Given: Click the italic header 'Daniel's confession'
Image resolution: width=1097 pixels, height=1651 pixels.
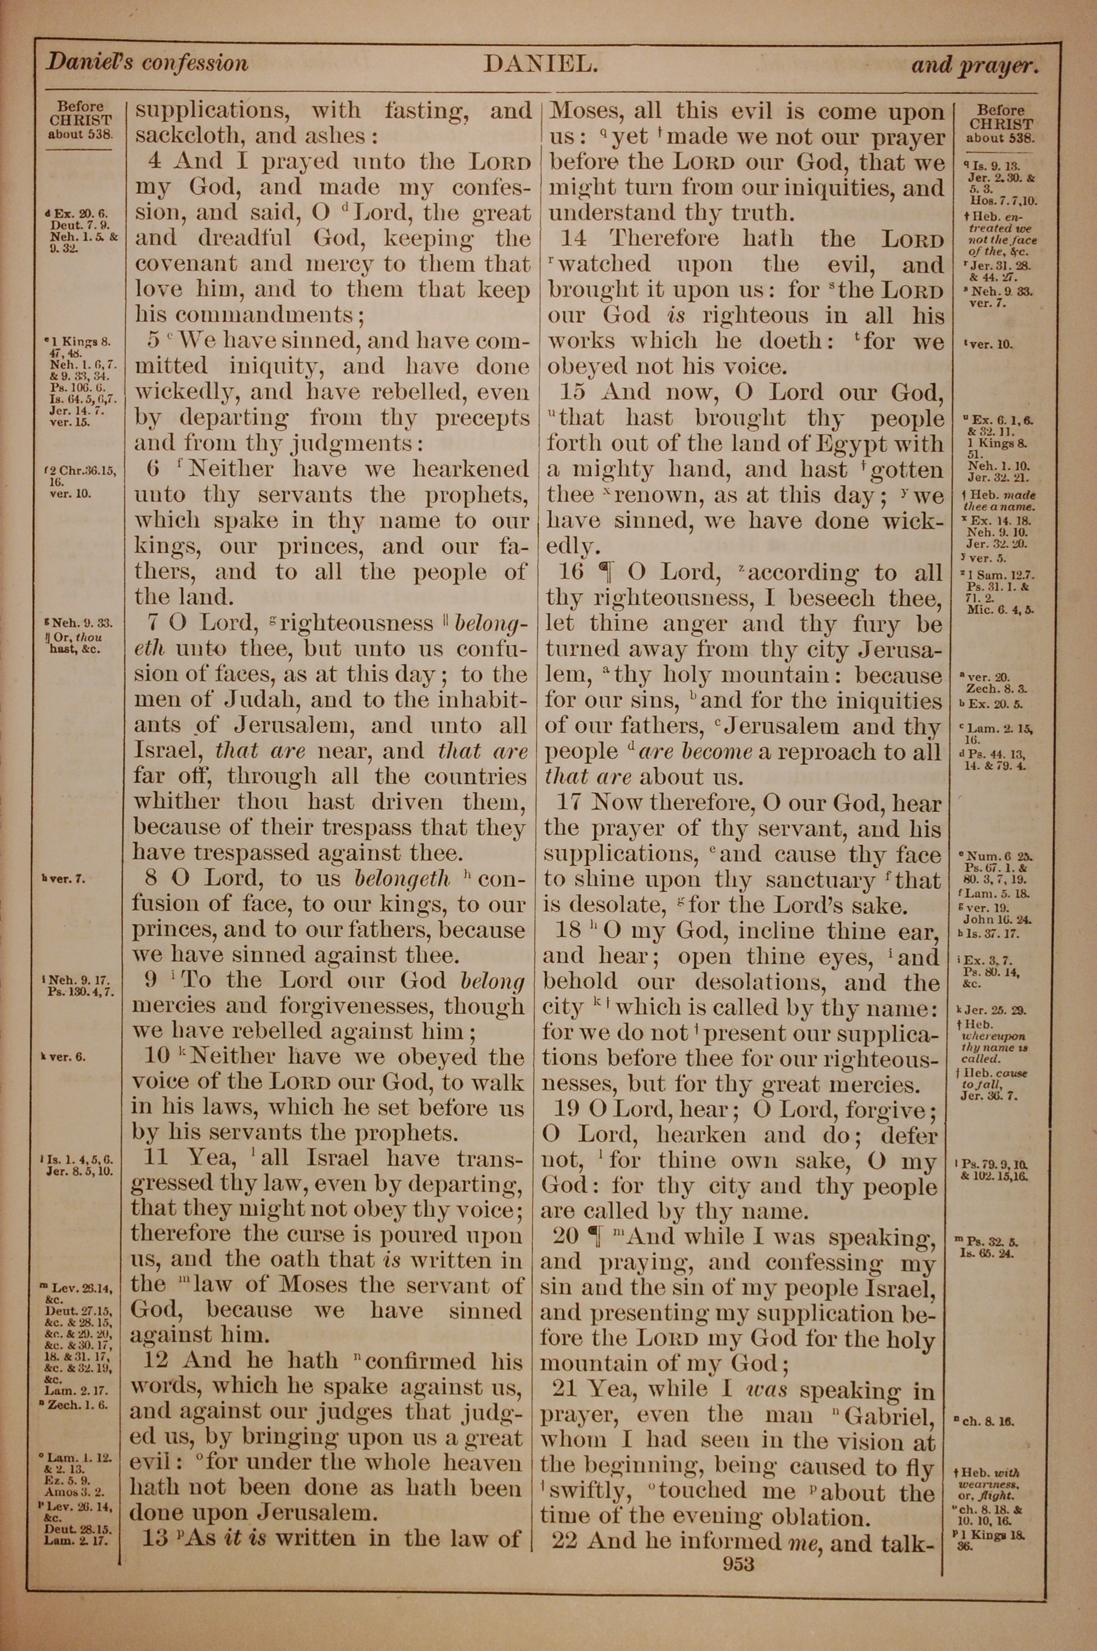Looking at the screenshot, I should (x=146, y=64).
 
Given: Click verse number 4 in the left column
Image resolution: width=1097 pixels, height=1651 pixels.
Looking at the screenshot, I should (x=155, y=161).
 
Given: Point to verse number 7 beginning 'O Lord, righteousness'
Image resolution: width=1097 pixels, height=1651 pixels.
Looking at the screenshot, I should (x=156, y=622).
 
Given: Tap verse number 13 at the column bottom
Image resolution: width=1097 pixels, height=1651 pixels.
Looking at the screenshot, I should (x=154, y=1537).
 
